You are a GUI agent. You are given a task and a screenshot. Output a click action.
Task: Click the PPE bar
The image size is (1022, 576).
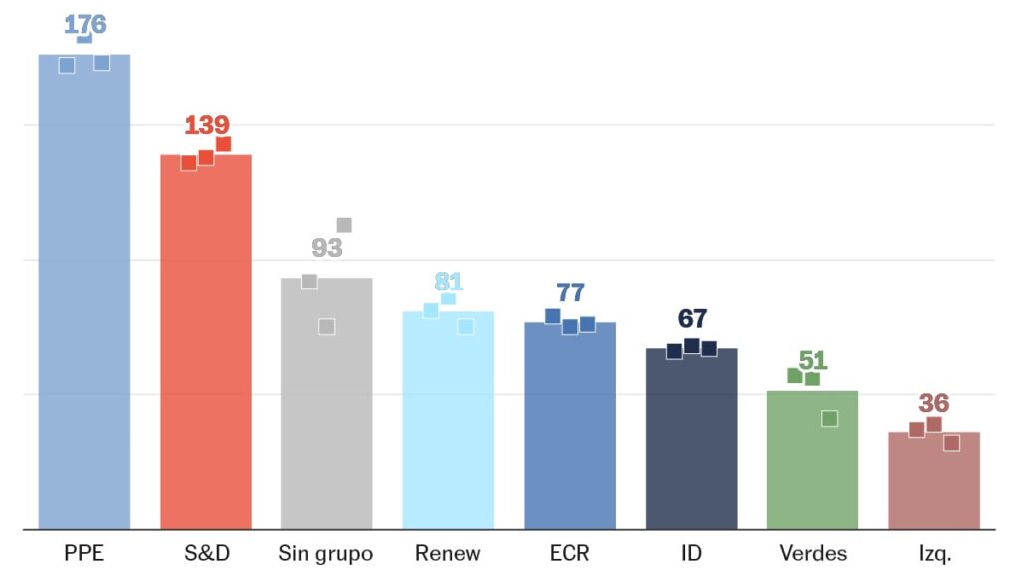click(84, 299)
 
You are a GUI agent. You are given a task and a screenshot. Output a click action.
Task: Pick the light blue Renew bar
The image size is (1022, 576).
click(448, 424)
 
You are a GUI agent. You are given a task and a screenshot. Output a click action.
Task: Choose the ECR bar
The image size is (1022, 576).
click(570, 429)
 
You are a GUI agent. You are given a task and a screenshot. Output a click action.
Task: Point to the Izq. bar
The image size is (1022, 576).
click(934, 484)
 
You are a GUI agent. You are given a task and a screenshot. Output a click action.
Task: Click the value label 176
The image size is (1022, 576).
click(85, 24)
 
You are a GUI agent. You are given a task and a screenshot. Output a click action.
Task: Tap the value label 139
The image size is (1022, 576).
click(207, 125)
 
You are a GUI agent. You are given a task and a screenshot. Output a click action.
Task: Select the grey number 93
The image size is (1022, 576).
click(327, 248)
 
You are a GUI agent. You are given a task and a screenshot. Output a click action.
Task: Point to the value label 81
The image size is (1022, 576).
click(449, 282)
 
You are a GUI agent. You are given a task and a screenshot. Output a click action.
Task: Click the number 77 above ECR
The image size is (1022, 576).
click(570, 292)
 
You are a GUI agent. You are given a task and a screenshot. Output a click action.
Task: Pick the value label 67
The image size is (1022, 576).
click(692, 319)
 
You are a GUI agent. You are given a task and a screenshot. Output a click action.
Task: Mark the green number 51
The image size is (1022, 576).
click(813, 360)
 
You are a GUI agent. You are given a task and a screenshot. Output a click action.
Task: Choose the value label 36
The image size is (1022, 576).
click(934, 403)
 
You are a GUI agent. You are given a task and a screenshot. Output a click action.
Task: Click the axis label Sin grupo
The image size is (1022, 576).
click(326, 553)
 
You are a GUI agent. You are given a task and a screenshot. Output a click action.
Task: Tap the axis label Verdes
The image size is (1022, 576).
click(812, 553)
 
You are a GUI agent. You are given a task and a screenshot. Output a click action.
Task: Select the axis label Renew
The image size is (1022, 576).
click(448, 553)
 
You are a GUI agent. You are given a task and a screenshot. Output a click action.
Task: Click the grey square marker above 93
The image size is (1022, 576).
click(344, 225)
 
